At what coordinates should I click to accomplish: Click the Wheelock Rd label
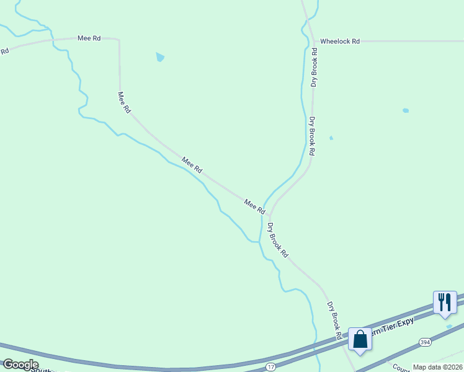point(340,42)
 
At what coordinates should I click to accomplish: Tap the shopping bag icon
point(360,339)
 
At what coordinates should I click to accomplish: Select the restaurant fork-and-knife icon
point(444,301)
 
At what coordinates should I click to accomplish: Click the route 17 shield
point(270,367)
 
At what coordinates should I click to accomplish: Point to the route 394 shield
point(424,342)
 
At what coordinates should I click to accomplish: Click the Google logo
point(20,365)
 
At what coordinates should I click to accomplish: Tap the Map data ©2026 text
point(438,367)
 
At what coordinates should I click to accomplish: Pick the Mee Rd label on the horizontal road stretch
point(89,38)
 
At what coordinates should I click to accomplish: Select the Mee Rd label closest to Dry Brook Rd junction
point(254,206)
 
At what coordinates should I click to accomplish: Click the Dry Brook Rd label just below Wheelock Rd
point(315,73)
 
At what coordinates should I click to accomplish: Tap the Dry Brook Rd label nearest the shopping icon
point(335,320)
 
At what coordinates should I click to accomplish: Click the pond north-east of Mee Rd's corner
point(160,57)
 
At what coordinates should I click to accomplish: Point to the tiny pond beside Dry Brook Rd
point(331,138)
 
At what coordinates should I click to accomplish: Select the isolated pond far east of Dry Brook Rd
point(406,110)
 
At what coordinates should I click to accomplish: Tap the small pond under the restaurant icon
point(449,325)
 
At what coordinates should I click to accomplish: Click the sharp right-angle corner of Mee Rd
point(118,40)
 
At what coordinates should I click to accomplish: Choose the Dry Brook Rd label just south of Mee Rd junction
point(278,240)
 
